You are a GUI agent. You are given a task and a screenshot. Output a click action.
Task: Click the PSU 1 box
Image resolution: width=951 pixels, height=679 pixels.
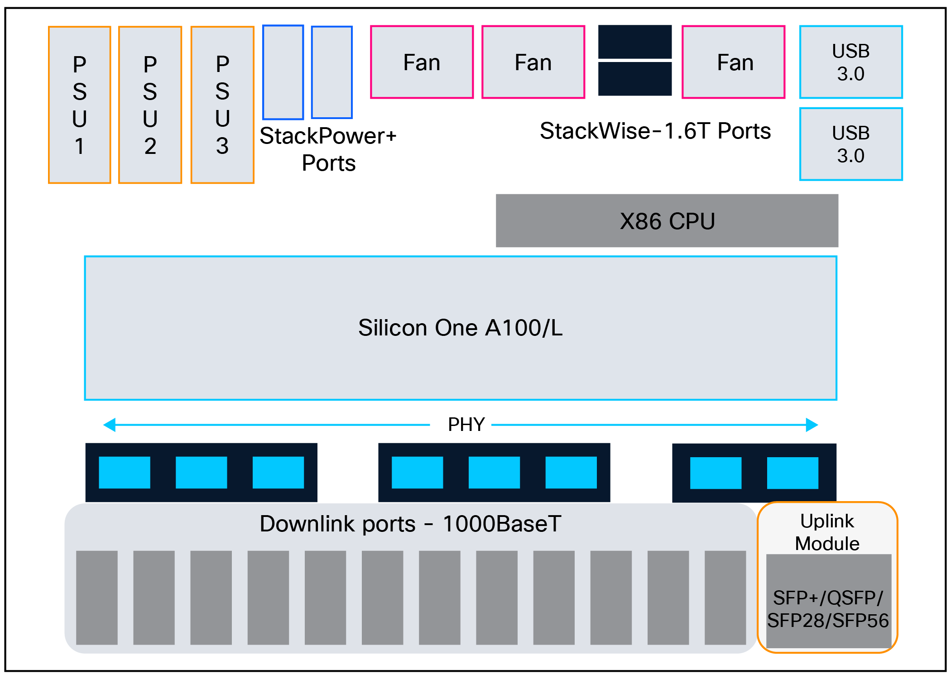(x=80, y=105)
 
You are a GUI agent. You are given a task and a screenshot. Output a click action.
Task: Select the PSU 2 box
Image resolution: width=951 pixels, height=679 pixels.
(x=150, y=105)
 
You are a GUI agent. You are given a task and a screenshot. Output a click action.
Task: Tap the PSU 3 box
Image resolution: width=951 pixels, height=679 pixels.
(x=222, y=105)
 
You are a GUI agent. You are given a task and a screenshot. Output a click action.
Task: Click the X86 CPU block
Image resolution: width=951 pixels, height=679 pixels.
(x=667, y=221)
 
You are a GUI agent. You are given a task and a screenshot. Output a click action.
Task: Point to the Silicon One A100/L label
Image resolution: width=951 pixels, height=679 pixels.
(x=460, y=328)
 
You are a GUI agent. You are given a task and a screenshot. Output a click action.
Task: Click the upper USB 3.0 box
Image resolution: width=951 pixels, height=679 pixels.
(x=851, y=62)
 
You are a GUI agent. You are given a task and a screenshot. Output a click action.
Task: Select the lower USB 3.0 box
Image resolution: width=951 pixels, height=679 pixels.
(x=851, y=144)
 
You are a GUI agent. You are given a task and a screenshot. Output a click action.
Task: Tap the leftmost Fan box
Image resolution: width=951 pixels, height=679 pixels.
(x=422, y=62)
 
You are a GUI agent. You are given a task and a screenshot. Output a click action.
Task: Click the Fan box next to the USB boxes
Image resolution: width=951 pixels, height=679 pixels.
(x=733, y=62)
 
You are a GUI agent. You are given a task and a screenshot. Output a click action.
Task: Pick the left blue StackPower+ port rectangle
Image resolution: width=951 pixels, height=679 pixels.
(x=283, y=72)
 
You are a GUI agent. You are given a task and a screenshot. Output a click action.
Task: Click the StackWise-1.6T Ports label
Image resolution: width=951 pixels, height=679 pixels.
(x=655, y=131)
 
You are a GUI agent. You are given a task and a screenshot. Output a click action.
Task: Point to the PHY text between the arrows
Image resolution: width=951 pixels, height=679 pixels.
(x=466, y=425)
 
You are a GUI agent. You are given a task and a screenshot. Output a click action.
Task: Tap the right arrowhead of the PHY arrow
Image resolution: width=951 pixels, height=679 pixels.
(x=812, y=425)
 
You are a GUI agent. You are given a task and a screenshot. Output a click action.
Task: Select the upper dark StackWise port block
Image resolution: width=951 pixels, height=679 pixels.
(x=635, y=42)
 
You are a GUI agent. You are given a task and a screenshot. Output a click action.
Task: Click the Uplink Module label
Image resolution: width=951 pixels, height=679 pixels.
(x=827, y=532)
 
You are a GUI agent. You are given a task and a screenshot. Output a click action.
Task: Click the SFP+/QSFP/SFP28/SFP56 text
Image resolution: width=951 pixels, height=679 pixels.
(x=828, y=609)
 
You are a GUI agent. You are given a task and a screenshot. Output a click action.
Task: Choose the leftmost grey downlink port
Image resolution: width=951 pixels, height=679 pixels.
(x=97, y=598)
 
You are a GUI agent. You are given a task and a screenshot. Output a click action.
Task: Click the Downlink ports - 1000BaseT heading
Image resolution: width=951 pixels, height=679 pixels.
(x=410, y=524)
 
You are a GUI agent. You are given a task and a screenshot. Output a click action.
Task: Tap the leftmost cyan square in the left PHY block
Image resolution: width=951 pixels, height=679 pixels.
(x=124, y=473)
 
